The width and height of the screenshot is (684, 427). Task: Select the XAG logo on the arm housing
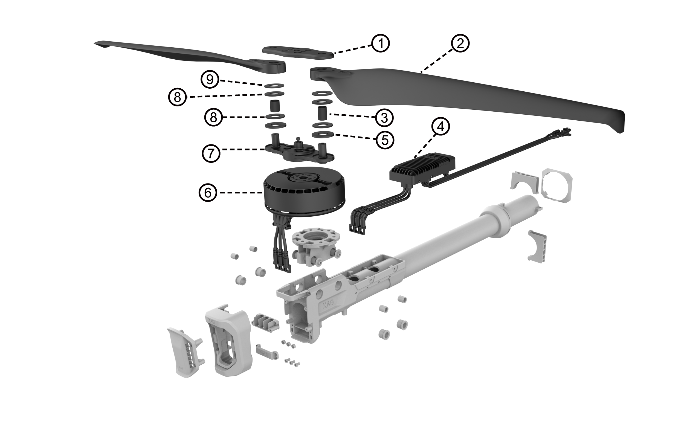click(x=328, y=303)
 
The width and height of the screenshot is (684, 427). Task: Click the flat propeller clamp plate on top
click(x=298, y=52)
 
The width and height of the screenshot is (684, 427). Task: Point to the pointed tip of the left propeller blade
click(x=96, y=43)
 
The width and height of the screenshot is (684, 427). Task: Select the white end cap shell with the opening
click(x=229, y=339)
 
